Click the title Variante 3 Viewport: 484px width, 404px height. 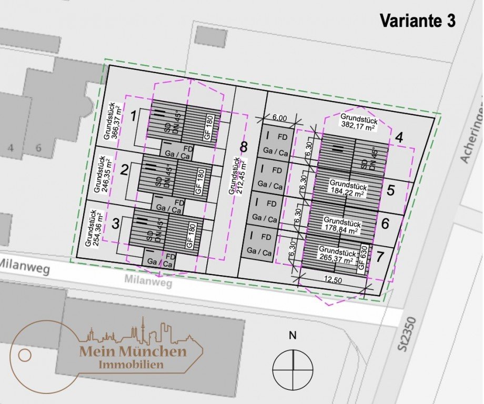point(417,21)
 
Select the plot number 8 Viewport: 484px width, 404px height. point(243,147)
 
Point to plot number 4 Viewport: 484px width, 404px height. point(399,138)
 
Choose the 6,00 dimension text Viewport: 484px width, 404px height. point(279,118)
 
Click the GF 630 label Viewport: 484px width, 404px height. point(362,257)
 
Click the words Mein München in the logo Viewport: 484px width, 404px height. point(133,351)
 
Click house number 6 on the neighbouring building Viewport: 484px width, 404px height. point(38,148)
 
